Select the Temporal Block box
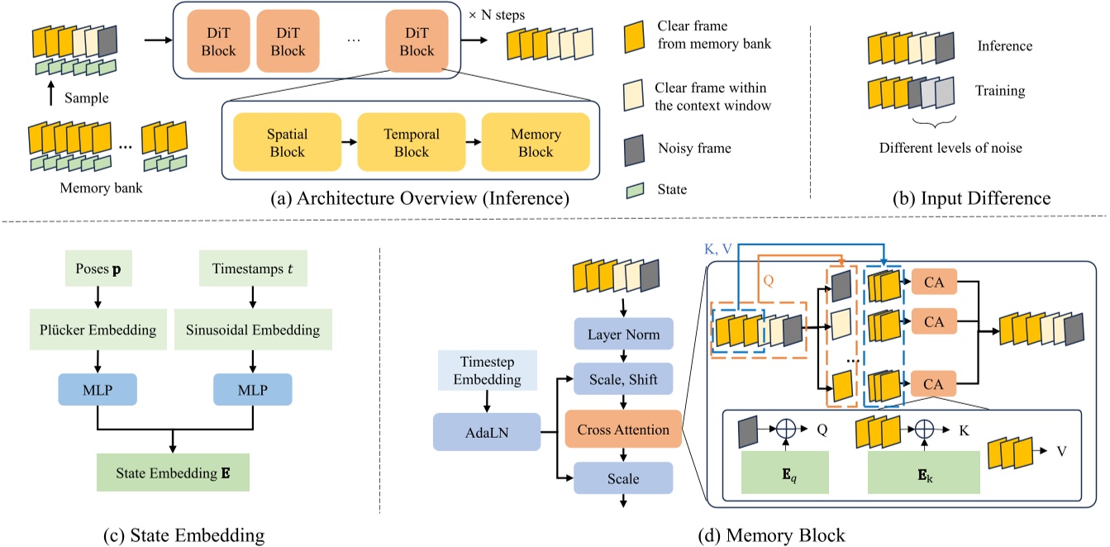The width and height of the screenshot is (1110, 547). click(x=412, y=143)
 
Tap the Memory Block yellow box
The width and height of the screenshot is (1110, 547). click(x=536, y=143)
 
